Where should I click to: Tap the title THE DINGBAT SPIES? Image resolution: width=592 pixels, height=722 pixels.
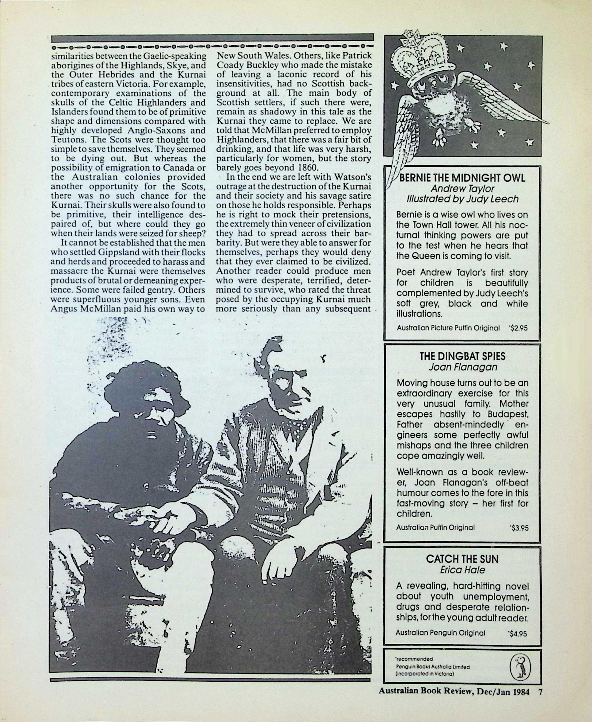[462, 356]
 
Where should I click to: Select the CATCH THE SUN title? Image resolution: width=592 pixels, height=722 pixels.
[462, 559]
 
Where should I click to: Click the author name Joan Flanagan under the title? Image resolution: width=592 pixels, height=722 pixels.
[462, 367]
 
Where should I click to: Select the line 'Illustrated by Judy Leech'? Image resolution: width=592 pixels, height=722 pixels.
[462, 199]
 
